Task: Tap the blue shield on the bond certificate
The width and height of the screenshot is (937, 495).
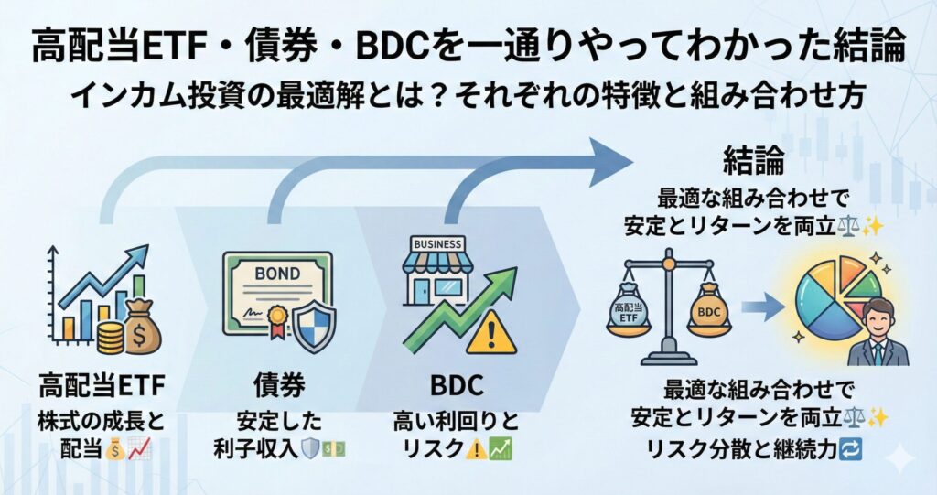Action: point(313,321)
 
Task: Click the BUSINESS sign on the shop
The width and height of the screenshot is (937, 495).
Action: point(437,244)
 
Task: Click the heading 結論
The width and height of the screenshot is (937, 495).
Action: point(754,162)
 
